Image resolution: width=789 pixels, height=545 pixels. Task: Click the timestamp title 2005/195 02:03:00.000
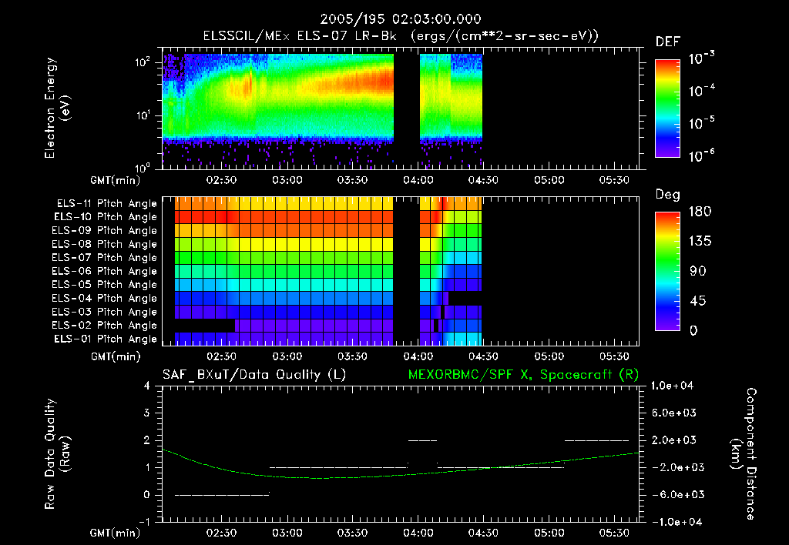394,19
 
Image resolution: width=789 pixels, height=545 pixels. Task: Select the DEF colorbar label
666,42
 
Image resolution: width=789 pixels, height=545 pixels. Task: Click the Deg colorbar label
666,194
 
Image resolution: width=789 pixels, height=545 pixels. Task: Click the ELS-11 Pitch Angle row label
106,204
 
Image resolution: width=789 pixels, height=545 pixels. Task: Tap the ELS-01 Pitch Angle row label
106,339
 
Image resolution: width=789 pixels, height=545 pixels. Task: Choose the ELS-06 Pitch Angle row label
106,271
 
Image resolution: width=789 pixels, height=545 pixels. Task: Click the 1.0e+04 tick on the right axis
674,386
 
